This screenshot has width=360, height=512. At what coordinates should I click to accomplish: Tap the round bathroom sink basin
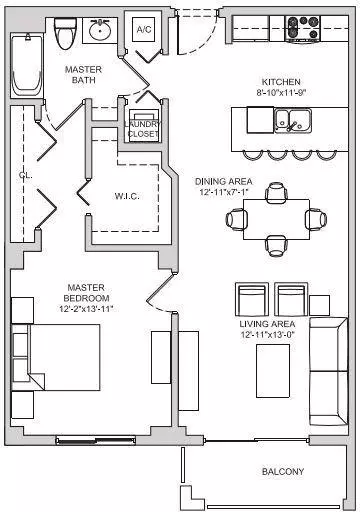click(100, 30)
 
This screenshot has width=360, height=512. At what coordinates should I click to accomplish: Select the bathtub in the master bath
click(27, 65)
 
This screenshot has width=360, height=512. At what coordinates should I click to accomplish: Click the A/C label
click(144, 29)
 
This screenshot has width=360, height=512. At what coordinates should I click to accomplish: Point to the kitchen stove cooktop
click(303, 29)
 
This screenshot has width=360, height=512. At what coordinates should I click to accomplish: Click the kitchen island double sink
click(293, 120)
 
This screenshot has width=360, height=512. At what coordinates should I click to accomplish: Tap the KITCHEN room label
click(281, 82)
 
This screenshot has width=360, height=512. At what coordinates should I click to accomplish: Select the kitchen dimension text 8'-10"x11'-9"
click(281, 92)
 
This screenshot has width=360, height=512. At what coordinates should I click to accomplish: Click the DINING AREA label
click(223, 182)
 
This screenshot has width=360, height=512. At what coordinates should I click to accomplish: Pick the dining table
click(276, 219)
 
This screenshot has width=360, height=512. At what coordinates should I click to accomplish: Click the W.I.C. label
click(127, 196)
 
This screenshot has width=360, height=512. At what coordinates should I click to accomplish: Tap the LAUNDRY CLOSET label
click(143, 129)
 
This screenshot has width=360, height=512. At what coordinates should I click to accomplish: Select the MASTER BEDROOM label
click(86, 293)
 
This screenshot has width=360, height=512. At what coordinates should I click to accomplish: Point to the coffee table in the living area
click(273, 371)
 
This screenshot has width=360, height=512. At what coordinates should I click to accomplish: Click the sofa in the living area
click(329, 372)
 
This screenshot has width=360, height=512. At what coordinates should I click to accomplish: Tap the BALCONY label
click(283, 472)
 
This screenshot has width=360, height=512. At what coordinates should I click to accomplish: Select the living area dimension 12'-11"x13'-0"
click(268, 335)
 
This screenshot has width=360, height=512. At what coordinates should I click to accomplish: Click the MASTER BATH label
click(83, 75)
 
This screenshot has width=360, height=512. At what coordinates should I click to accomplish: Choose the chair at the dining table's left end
click(237, 219)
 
